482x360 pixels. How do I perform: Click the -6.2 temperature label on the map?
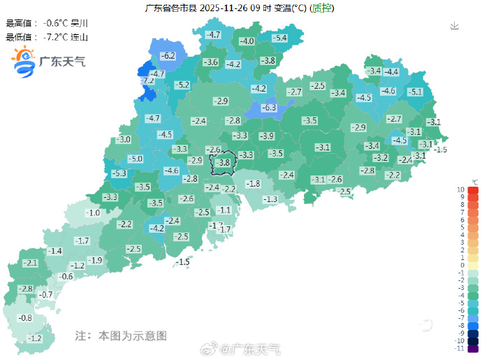[168, 55]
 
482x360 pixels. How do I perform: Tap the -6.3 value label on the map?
[269, 108]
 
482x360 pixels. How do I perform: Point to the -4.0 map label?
[247, 41]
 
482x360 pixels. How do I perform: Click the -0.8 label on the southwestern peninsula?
[24, 318]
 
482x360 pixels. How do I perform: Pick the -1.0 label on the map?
[93, 213]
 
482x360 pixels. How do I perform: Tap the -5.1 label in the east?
[415, 92]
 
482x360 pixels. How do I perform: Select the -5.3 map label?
[119, 173]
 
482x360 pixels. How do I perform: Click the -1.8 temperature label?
[253, 183]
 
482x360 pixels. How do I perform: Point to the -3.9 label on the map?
[266, 136]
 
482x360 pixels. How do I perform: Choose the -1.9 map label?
[96, 260]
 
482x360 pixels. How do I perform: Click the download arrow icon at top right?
[454, 26]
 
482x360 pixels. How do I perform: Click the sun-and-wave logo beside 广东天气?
[23, 61]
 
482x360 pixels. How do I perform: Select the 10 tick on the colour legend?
[461, 189]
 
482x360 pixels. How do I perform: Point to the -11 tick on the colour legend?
[460, 347]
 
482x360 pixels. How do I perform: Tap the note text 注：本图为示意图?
[121, 336]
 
